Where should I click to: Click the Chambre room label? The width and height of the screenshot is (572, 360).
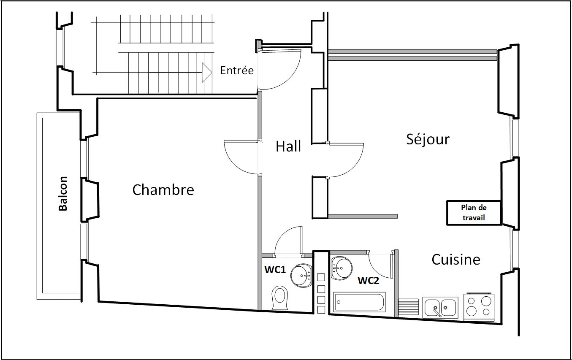(163, 190)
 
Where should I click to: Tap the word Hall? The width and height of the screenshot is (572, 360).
(288, 146)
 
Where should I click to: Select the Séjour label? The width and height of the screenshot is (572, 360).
(428, 139)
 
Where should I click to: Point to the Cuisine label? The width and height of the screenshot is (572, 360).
(455, 259)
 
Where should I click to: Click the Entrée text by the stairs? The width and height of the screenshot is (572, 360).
(237, 70)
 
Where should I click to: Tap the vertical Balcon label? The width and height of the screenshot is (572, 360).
(63, 193)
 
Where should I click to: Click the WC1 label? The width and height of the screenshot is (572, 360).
(275, 270)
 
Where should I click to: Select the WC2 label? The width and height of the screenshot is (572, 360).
(368, 280)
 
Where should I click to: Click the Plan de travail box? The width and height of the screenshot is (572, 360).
(474, 212)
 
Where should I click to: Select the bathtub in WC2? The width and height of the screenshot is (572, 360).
(359, 302)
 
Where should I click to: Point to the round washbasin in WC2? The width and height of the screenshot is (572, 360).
(341, 267)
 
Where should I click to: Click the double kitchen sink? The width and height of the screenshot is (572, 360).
(440, 307)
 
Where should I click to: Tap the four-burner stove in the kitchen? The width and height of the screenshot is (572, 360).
(478, 306)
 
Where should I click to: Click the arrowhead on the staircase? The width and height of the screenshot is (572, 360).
(206, 72)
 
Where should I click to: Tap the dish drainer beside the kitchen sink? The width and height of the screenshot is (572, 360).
(408, 307)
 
